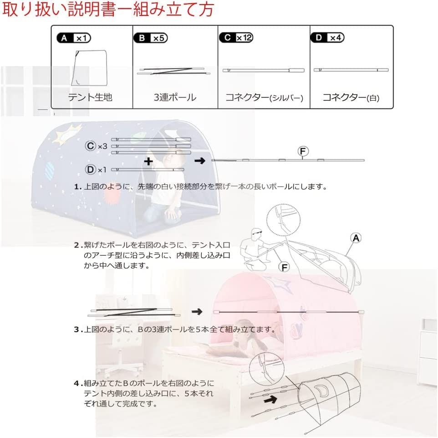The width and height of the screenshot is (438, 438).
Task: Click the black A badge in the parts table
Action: [x=65, y=38]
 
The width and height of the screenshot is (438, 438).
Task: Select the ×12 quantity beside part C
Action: [x=244, y=38]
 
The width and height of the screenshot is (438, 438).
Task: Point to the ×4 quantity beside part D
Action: [x=335, y=38]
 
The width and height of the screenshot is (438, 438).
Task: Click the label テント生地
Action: [x=90, y=97]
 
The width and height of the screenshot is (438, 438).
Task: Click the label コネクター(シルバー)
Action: [x=264, y=98]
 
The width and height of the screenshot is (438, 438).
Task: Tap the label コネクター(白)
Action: [x=351, y=98]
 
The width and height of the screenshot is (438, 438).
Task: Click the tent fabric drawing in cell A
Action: [x=90, y=68]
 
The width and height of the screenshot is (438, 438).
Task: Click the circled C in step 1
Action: [x=91, y=146]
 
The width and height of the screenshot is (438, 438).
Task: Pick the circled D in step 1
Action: [x=91, y=170]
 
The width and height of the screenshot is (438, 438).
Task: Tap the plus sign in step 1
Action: [x=148, y=161]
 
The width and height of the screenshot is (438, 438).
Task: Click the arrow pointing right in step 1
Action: [x=199, y=161]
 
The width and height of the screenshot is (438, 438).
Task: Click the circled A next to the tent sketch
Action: [x=355, y=237]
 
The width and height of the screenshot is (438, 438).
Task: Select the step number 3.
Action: [x=77, y=330]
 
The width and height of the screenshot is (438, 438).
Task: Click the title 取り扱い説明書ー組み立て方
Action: [x=107, y=10]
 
